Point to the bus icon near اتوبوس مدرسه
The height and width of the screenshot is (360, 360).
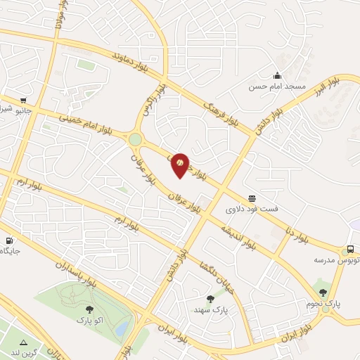349,250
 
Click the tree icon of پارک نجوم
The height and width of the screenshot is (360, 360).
323,292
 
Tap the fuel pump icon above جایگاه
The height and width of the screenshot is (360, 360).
8,239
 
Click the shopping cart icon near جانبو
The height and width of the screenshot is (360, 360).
24,100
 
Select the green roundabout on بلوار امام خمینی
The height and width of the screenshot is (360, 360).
135,139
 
